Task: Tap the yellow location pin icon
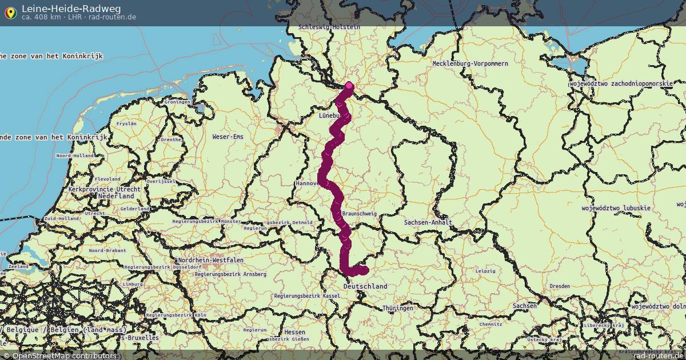click(10, 12)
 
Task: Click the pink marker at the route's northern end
click(349, 86)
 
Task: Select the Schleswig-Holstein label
click(329, 27)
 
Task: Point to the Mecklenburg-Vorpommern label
click(470, 63)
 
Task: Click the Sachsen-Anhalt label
click(428, 222)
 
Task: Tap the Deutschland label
click(365, 286)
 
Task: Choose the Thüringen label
click(398, 308)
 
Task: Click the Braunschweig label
click(359, 214)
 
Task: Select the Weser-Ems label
click(228, 137)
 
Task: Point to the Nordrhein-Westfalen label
click(210, 260)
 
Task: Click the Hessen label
click(294, 332)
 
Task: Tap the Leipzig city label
click(485, 271)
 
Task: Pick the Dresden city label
click(559, 286)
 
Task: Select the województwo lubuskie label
click(616, 208)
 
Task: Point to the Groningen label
click(177, 102)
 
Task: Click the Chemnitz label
click(490, 324)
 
